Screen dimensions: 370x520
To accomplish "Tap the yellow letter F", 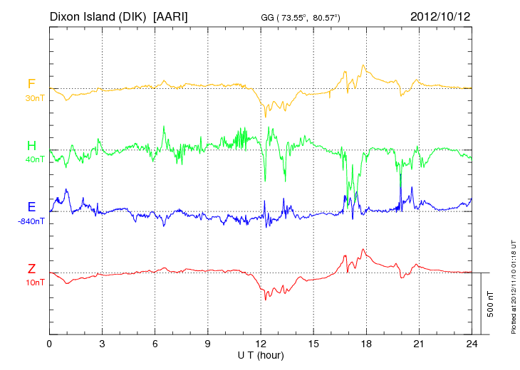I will coord(31,84).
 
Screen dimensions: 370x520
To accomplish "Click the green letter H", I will coord(31,146).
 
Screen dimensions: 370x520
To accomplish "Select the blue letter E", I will coord(31,207).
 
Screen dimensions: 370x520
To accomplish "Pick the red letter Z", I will coord(31,269).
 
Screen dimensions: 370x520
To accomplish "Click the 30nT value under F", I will coord(33,97).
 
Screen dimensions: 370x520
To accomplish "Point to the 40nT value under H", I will coord(33,159).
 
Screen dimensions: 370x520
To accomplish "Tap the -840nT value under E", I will coord(31,221).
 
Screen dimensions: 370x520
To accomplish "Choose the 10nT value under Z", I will coord(33,282).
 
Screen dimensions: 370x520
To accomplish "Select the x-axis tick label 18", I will coord(366,344).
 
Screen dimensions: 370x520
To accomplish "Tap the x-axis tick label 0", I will coord(49,344).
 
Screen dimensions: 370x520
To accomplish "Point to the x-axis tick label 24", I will coord(472,344).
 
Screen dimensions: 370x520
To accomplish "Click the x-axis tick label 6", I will coord(155,344).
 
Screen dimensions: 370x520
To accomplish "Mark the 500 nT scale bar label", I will coord(491,303).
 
